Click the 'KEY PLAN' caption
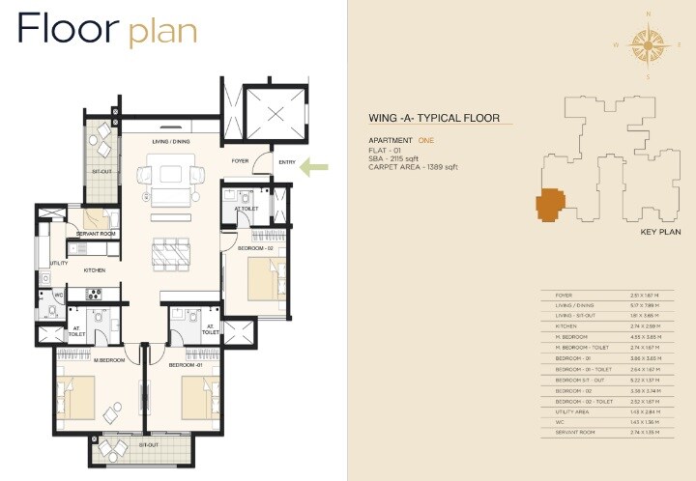click(x=661, y=233)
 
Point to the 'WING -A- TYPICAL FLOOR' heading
click(x=433, y=119)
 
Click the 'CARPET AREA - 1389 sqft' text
click(x=413, y=167)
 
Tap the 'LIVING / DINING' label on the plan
click(x=170, y=142)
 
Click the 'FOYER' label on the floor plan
click(x=240, y=161)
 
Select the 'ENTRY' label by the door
click(x=287, y=161)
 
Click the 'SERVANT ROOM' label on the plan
click(x=97, y=235)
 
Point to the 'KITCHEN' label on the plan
click(x=94, y=270)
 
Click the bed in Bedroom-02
click(x=262, y=279)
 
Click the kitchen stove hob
click(x=95, y=295)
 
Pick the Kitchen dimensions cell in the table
click(x=643, y=326)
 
